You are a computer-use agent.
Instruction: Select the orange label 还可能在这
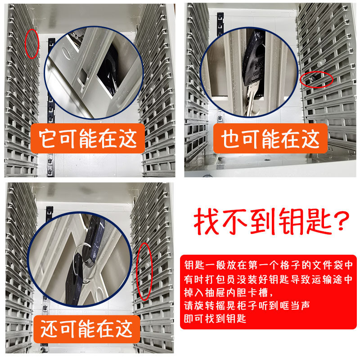click(x=88, y=328)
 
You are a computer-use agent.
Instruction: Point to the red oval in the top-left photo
click(x=32, y=44)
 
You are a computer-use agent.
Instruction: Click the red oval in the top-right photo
click(x=316, y=79)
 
